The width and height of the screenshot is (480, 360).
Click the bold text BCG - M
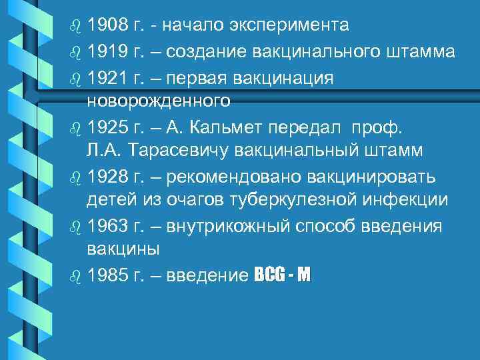(282, 275)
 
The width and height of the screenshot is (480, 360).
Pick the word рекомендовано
(229, 176)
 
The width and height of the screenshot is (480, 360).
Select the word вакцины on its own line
(123, 250)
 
